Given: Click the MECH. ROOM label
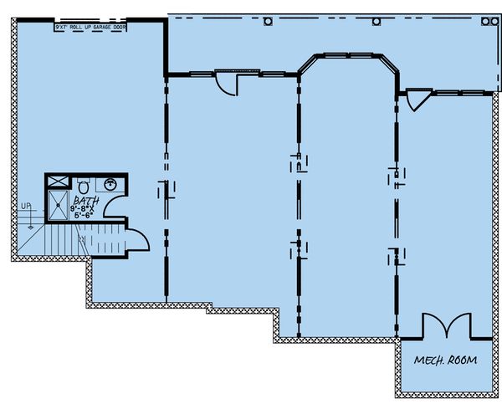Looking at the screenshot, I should [444, 361].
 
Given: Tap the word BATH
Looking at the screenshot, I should [87, 202].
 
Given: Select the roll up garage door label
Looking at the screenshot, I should [91, 28].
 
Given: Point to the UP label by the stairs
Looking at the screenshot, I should [26, 205].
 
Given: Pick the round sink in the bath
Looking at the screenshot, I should [111, 184].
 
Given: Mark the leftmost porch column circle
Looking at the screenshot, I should [268, 22].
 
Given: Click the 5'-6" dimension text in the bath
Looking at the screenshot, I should [87, 216].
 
